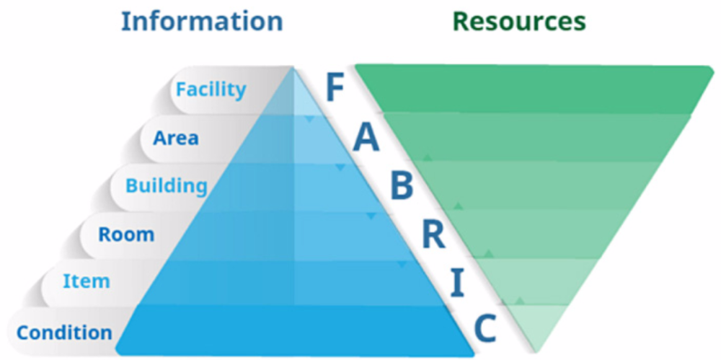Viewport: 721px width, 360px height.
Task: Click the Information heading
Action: (201, 21)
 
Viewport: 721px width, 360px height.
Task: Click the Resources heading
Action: (518, 21)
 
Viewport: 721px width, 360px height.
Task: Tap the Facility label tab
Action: (211, 89)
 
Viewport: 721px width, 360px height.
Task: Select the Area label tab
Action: (175, 137)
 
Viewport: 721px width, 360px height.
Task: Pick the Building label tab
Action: (166, 185)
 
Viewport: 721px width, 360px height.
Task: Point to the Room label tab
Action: (126, 234)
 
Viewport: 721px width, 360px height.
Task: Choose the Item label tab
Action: (86, 281)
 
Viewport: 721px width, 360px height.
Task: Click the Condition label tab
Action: (64, 333)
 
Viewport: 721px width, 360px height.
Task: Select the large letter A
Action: (366, 139)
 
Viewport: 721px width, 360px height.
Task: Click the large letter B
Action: (401, 186)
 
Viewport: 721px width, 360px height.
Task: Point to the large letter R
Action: (433, 235)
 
